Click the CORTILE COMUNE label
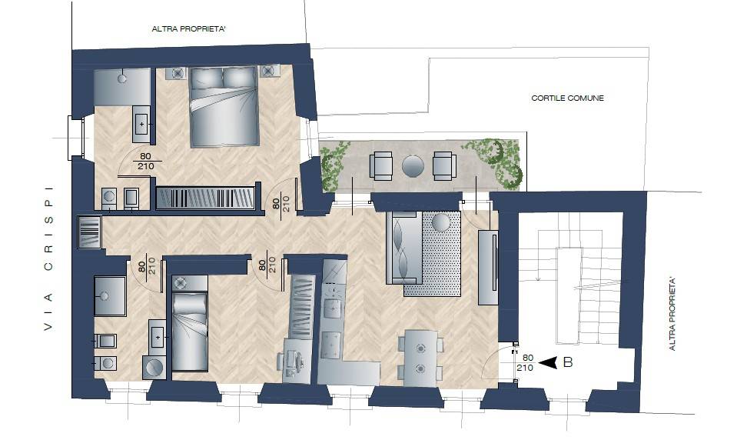[567, 98]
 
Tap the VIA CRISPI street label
[48, 258]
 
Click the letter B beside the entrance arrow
[568, 362]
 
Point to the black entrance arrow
[548, 362]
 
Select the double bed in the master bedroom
[224, 107]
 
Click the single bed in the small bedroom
[190, 332]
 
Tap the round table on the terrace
[413, 166]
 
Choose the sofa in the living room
[403, 248]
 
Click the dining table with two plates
[420, 358]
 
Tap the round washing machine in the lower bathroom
[154, 367]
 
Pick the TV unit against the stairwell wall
[488, 266]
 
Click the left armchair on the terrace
[380, 165]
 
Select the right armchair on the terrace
[444, 165]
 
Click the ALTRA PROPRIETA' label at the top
[189, 29]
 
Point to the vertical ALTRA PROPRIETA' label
[672, 315]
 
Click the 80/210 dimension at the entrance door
[525, 363]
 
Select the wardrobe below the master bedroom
[205, 198]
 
